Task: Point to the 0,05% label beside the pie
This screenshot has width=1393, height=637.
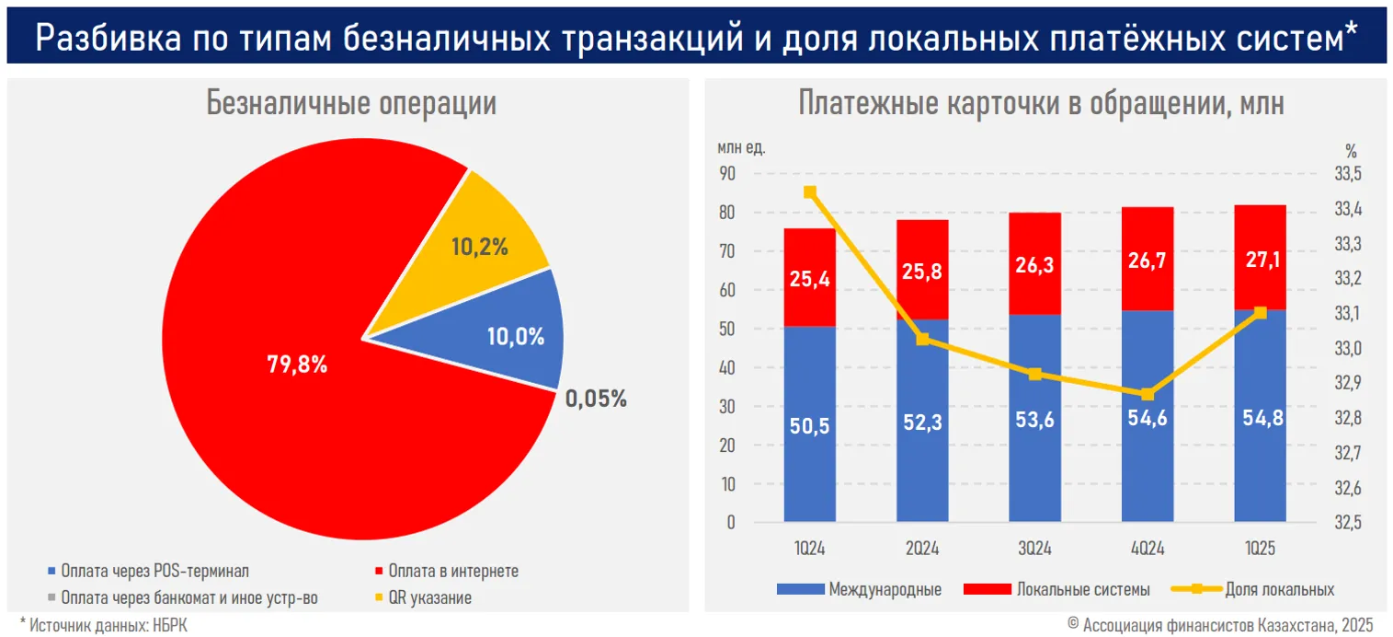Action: point(596,399)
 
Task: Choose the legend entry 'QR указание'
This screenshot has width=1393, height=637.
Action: point(429,597)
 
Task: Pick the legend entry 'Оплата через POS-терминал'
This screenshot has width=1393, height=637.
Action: point(154,571)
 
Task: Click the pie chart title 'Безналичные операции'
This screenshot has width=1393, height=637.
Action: point(351,103)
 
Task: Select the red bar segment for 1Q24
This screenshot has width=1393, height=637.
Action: point(810,276)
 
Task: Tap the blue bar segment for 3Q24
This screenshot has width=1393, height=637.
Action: point(1035,419)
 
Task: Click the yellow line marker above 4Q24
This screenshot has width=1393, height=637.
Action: point(1147,394)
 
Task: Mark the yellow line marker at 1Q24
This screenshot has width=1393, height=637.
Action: point(810,192)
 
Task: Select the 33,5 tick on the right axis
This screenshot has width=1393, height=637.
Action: point(1349,174)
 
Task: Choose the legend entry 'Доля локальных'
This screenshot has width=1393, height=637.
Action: point(1279,589)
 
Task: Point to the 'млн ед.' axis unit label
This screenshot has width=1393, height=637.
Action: point(741,147)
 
